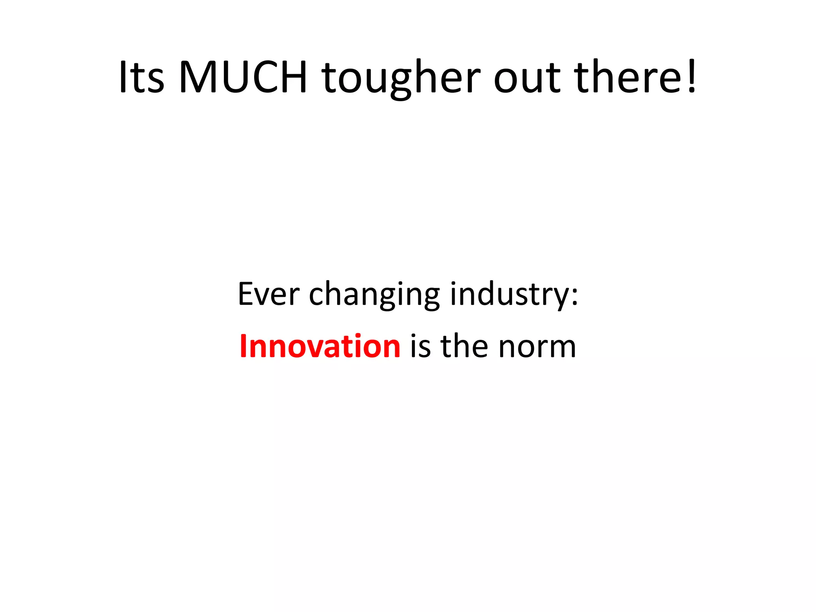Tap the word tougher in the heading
(x=401, y=78)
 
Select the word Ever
(x=269, y=294)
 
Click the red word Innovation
(x=320, y=346)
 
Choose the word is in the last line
(x=420, y=346)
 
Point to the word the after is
(x=464, y=346)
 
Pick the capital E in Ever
(x=246, y=294)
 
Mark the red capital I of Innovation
(x=244, y=345)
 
